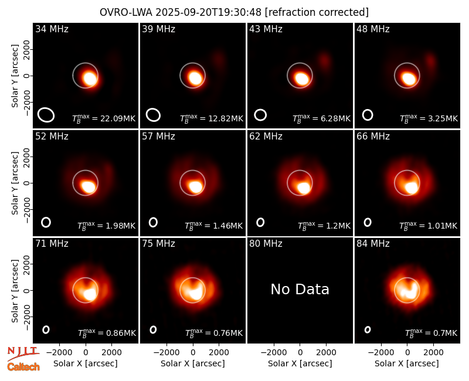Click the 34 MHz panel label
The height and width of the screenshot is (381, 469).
coord(52,29)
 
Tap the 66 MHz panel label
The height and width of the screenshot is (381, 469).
coord(373,137)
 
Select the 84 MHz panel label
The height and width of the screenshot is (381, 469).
coord(373,244)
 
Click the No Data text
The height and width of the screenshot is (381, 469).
coord(300,290)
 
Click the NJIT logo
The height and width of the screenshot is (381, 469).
coord(23,353)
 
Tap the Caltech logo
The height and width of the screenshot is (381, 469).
coord(23,367)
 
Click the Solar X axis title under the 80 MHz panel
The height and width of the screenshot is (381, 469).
coord(300,363)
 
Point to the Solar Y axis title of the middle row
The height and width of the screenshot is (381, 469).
coord(15,183)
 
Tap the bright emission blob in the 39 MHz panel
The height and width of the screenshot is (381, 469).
coord(195,78)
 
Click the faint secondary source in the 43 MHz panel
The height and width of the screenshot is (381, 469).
coord(324,61)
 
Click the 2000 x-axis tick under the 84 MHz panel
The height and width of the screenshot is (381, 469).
coord(433,353)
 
